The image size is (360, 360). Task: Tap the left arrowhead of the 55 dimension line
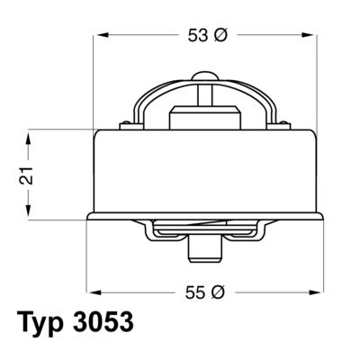(x=93, y=292)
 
